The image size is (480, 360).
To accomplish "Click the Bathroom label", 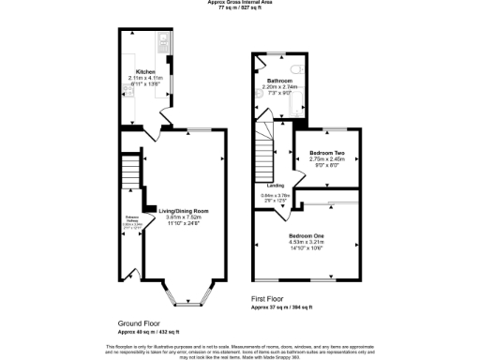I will coord(278,81).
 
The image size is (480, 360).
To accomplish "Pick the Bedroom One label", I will coord(307,234).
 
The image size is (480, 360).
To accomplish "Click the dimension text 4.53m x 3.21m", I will coord(307,242).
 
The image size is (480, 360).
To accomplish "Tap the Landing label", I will coord(276,186).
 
